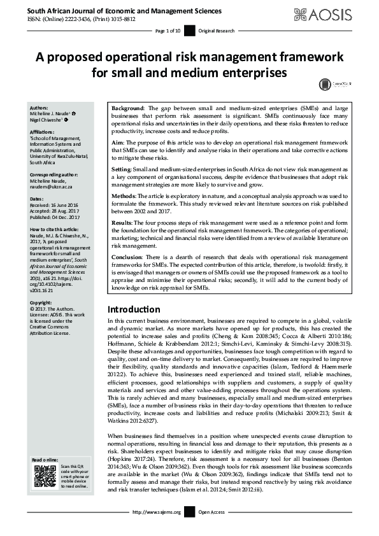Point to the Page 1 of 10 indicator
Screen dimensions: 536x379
(168, 31)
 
